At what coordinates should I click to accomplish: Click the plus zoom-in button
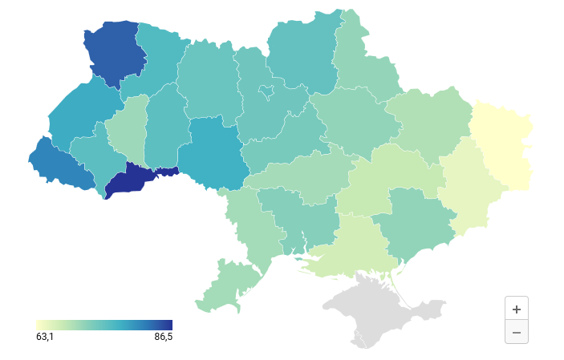click(516, 309)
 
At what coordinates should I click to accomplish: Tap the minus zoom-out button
click(516, 332)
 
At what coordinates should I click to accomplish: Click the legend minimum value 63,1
click(45, 337)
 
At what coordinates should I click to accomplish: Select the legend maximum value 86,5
click(163, 337)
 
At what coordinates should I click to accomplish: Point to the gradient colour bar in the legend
click(104, 325)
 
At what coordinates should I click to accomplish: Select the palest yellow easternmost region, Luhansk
click(504, 144)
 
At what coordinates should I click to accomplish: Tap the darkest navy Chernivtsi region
click(132, 179)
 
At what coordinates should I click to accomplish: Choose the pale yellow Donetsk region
click(469, 184)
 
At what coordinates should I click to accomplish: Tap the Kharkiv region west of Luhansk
click(429, 120)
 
